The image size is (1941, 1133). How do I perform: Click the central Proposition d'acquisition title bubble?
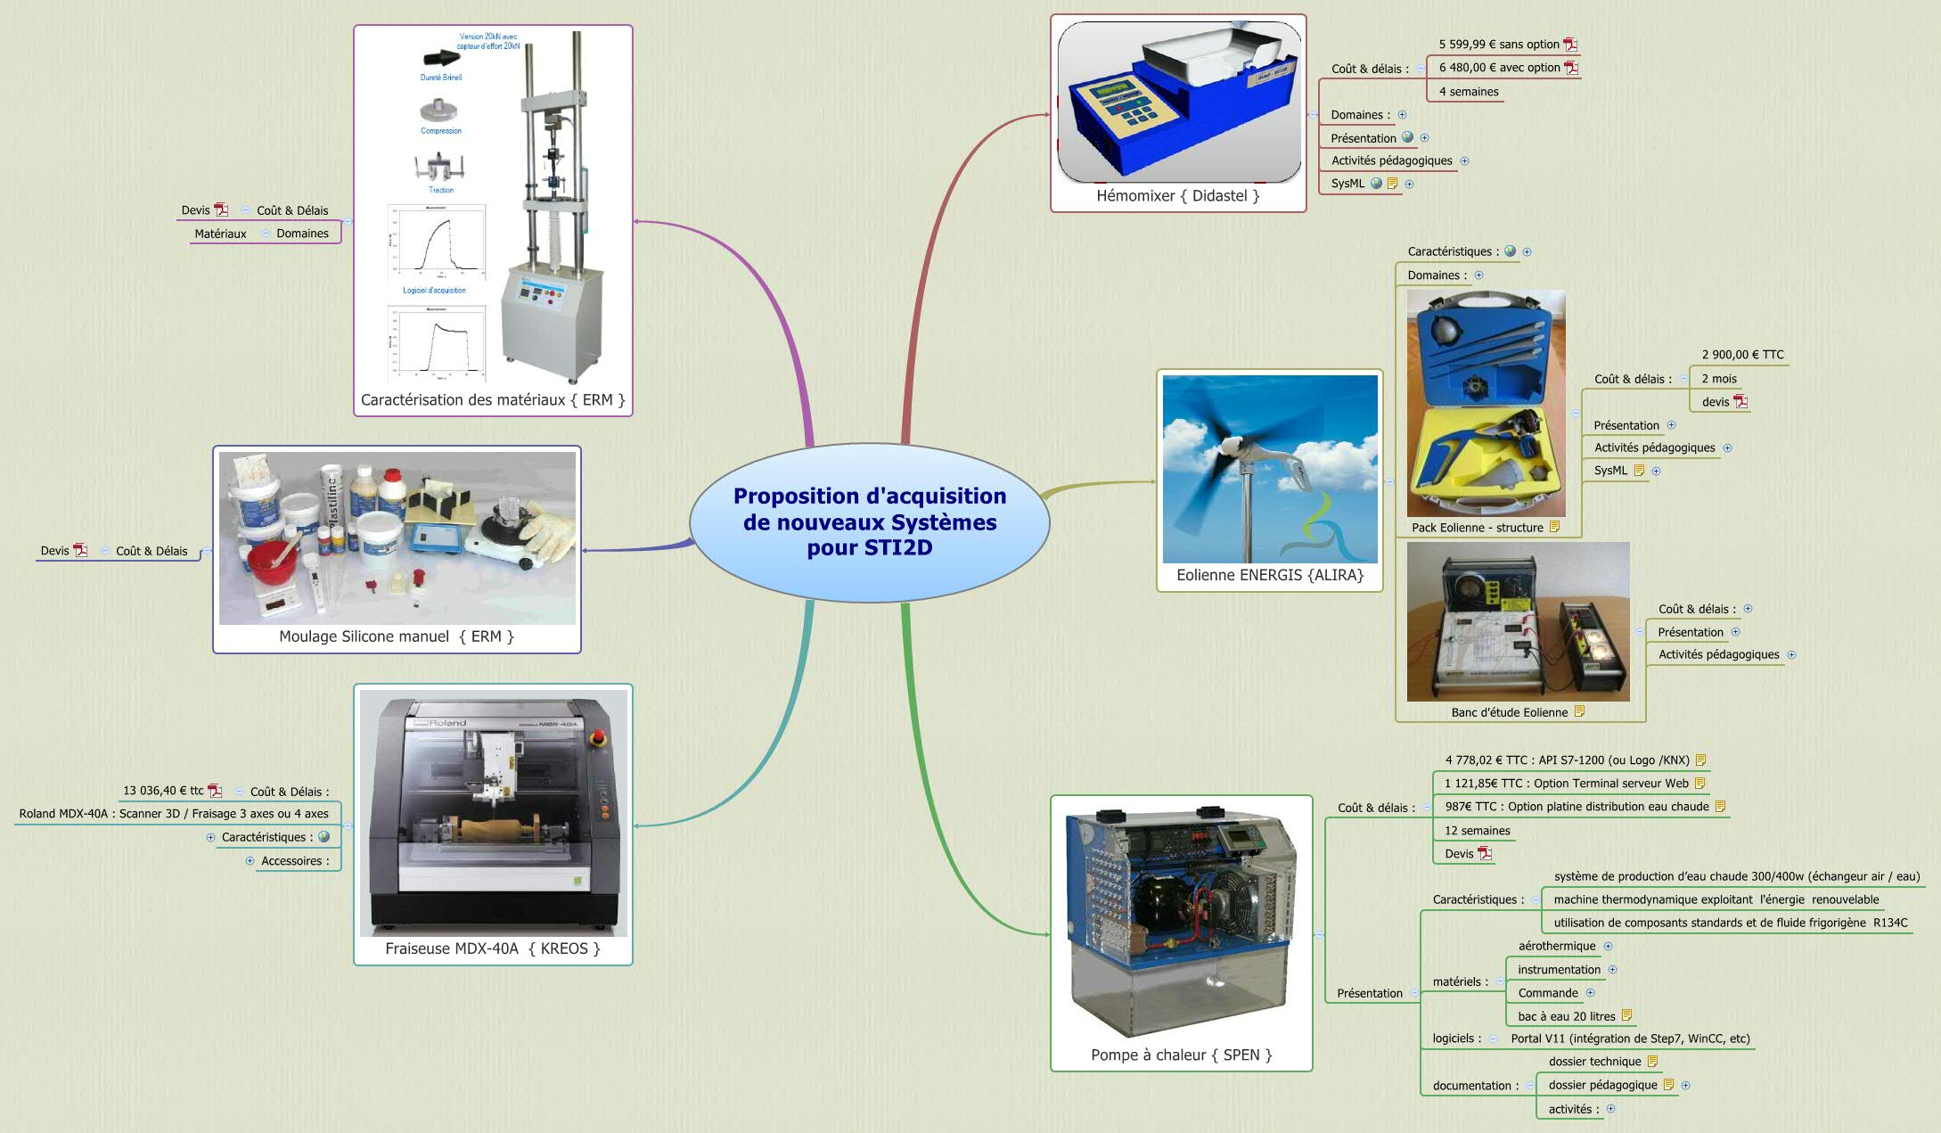pos(869,521)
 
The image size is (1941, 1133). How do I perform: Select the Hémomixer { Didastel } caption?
pos(1177,196)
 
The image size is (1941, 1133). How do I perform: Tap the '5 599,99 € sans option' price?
pos(1498,45)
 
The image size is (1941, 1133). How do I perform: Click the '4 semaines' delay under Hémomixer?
pos(1468,92)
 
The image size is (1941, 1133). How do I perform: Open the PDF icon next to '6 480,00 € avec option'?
pos(1571,68)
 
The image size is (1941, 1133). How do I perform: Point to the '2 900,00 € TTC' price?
pos(1742,355)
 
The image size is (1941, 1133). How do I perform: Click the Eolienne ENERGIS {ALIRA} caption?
pos(1270,576)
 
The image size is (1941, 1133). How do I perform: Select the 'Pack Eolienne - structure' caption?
pos(1477,528)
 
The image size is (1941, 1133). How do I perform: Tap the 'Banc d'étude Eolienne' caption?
pos(1509,712)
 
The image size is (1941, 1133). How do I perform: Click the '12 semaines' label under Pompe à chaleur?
pos(1477,831)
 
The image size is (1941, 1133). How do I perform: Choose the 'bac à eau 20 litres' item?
pos(1566,1016)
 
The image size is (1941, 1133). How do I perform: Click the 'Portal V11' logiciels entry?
pos(1630,1039)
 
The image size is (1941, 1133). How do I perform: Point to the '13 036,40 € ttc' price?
pos(163,791)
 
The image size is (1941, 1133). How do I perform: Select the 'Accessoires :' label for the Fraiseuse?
pos(295,861)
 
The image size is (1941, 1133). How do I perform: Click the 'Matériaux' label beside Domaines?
pos(220,234)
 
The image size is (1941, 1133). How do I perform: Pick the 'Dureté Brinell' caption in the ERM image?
pos(441,78)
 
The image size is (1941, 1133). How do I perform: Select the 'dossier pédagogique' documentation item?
pos(1602,1085)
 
